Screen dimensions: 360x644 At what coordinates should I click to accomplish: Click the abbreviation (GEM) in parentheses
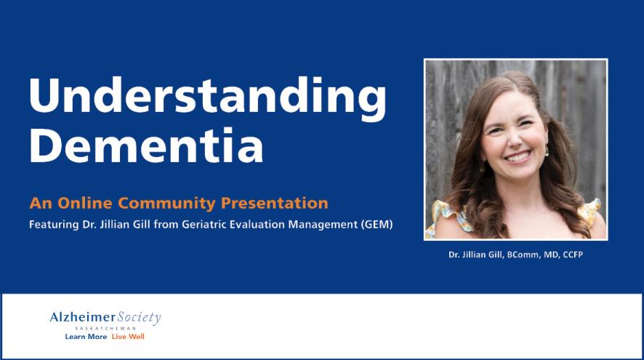(x=376, y=224)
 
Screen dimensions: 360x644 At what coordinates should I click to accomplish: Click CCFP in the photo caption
(x=571, y=256)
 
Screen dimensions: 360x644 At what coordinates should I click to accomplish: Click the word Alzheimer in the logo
(x=83, y=317)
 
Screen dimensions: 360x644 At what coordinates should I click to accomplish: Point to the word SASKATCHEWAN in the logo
(x=105, y=329)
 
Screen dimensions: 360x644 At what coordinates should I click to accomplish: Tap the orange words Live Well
(x=128, y=337)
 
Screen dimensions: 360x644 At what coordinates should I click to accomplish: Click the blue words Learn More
(x=86, y=337)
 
